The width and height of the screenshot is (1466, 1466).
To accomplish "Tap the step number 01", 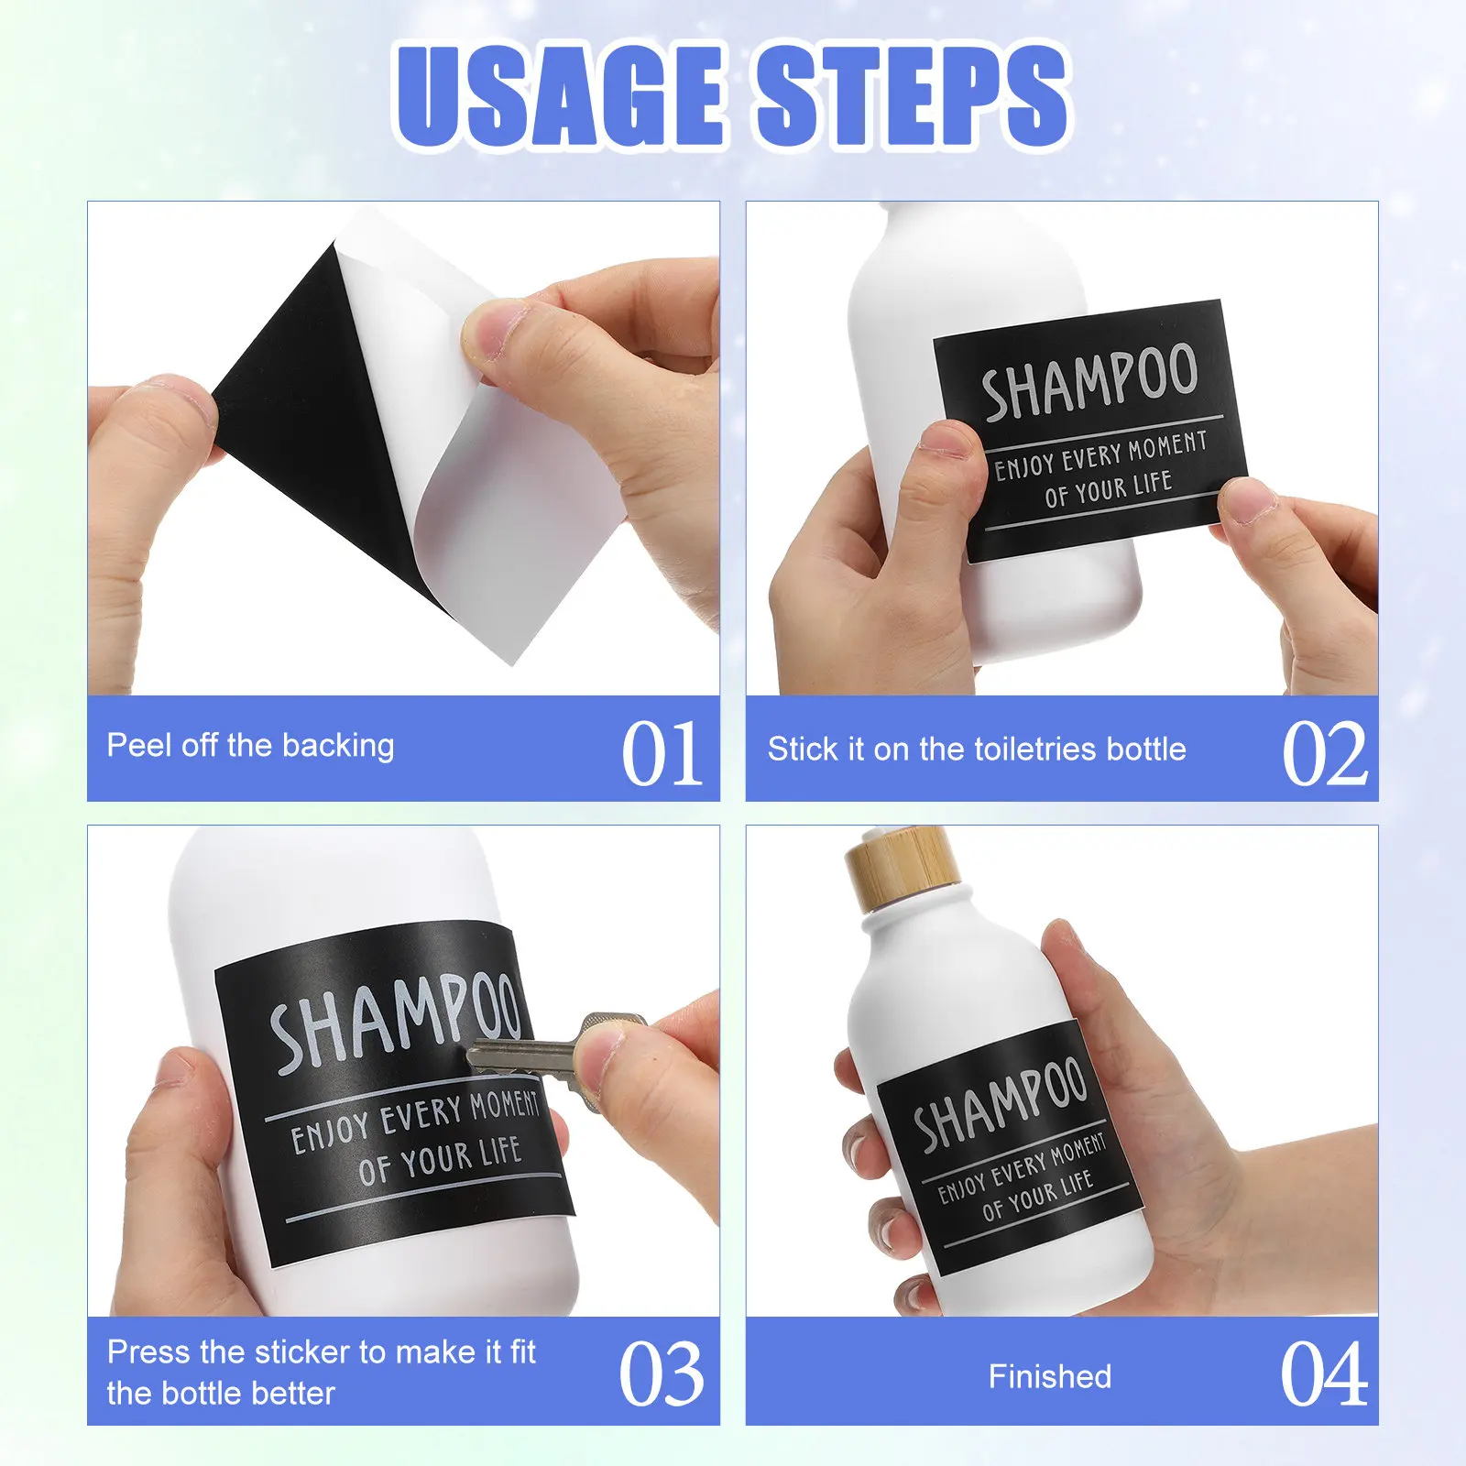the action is tap(662, 753).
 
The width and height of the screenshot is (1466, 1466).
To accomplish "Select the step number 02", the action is tap(1325, 753).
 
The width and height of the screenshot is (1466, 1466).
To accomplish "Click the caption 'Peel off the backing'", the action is tap(250, 746).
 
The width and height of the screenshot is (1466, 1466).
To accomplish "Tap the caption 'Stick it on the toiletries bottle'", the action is tap(977, 749).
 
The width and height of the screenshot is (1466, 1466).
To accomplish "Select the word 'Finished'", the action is tap(1050, 1376).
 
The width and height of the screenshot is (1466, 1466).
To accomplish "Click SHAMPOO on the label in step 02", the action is tap(1089, 380).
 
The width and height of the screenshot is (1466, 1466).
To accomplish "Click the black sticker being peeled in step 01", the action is tap(312, 403).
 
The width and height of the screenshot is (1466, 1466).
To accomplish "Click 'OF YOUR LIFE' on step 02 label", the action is tap(1109, 488).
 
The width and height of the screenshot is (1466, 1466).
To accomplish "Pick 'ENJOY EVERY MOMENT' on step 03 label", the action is tap(415, 1119).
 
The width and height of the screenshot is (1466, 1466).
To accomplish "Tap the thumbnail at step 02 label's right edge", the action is tap(1248, 501).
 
